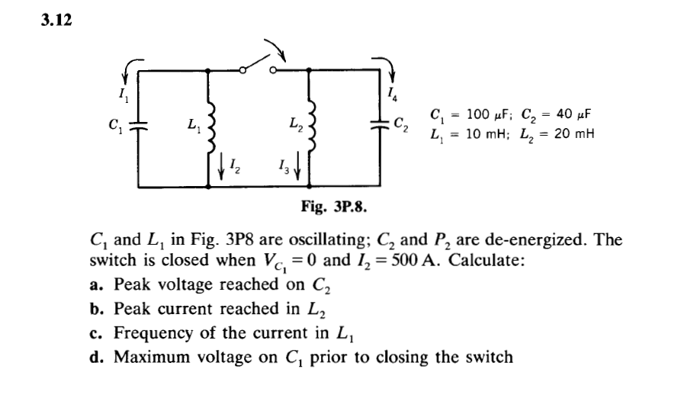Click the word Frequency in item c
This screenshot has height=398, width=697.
[150, 333]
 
